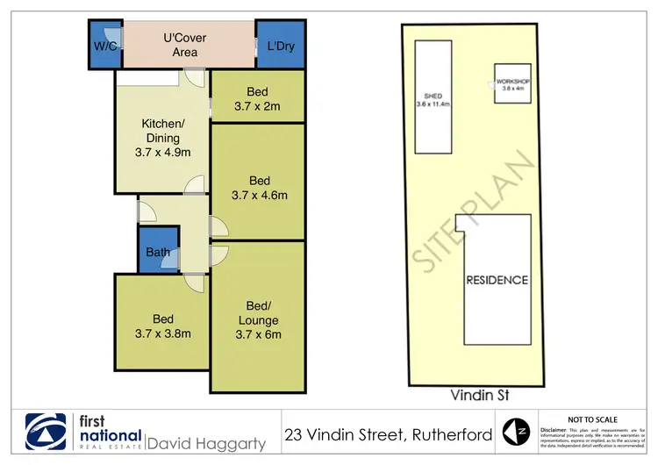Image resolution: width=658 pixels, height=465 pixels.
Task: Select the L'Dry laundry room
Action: [x=281, y=46]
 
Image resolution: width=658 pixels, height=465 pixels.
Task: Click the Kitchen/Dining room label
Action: [x=161, y=138]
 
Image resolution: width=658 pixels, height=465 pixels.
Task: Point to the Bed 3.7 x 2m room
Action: [x=257, y=98]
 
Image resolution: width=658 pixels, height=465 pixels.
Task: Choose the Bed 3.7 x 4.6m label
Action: [x=257, y=188]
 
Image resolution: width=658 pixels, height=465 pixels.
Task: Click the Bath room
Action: [x=158, y=253]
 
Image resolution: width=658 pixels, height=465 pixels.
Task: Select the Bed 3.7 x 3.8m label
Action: [x=162, y=325]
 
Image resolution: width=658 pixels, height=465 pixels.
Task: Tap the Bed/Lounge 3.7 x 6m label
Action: [x=257, y=319]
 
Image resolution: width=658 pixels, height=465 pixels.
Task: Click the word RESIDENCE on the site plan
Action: [x=497, y=281]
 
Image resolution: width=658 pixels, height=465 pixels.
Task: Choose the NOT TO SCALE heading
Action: [x=593, y=419]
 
